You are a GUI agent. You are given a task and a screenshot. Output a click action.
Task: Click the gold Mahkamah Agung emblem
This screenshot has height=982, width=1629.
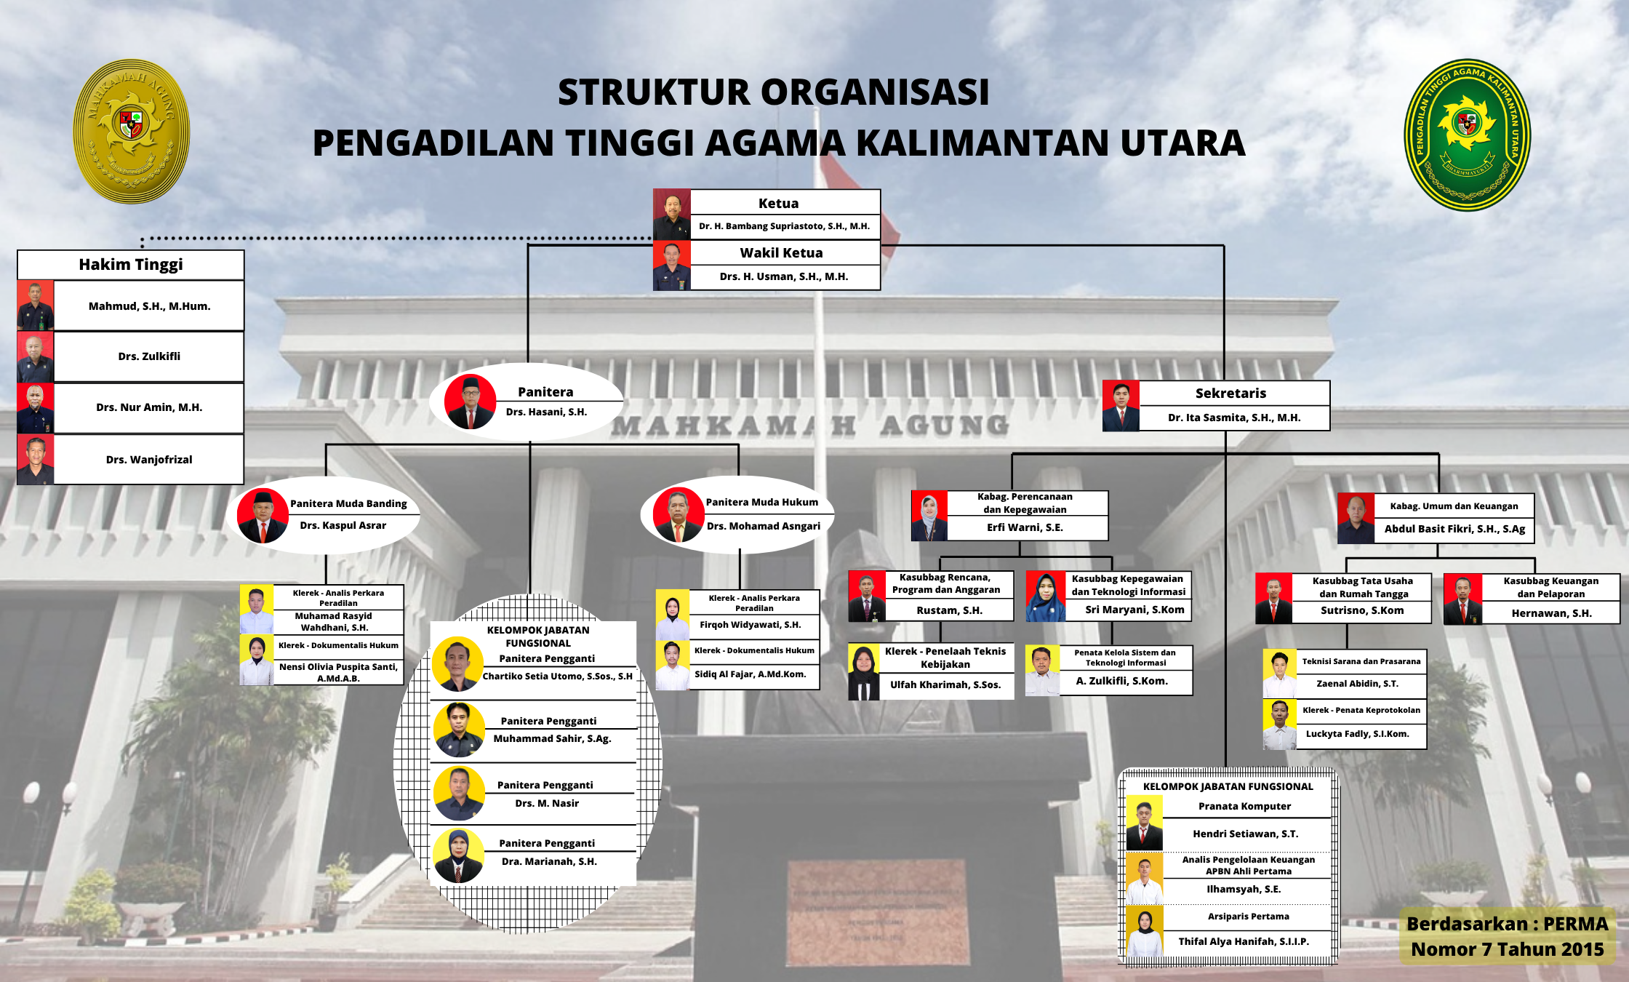point(132,132)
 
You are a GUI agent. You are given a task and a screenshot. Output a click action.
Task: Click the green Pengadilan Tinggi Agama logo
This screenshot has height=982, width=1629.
point(1467,135)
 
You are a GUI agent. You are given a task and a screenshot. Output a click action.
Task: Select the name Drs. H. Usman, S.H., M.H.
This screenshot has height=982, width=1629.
point(784,276)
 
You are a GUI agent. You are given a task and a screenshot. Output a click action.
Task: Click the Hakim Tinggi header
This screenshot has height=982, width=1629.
point(131,265)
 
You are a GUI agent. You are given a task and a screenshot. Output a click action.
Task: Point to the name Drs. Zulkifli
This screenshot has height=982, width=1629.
point(149,356)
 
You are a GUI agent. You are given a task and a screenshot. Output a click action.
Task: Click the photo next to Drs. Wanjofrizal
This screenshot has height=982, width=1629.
point(36,460)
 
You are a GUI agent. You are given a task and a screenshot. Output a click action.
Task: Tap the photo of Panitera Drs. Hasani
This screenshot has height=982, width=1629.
point(470,402)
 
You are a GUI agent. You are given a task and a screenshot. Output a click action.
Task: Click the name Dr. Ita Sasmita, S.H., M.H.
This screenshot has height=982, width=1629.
point(1234,418)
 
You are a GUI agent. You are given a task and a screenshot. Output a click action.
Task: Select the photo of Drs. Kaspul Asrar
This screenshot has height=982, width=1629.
point(262,516)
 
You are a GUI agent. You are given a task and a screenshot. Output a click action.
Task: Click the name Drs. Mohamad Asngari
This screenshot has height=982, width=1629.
point(764,526)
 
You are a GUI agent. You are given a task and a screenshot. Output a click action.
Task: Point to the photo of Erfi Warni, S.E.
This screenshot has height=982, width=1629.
point(929,516)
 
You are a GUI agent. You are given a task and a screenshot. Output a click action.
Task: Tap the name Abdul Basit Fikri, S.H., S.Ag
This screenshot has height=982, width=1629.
point(1454,529)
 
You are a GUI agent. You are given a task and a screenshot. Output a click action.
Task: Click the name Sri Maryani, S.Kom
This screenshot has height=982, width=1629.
point(1134,610)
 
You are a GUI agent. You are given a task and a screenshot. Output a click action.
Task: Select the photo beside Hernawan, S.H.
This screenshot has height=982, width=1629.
point(1462,599)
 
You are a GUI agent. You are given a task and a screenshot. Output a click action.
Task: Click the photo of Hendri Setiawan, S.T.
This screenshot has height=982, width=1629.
point(1145,823)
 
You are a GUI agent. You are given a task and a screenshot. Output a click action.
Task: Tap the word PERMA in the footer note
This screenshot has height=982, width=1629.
point(1576,924)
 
